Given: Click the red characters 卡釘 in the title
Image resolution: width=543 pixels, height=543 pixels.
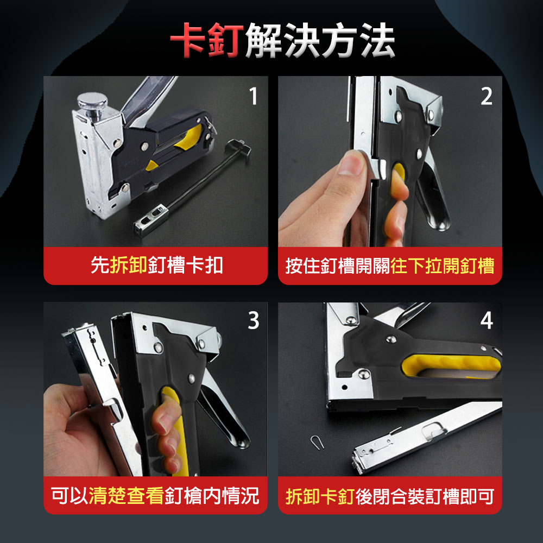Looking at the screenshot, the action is click(207, 40).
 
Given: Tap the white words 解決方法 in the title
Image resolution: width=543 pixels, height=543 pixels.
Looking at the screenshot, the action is click(320, 40).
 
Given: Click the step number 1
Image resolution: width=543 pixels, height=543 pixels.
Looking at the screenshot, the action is click(254, 96).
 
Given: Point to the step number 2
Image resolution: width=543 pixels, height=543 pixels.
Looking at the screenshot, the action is click(487, 96).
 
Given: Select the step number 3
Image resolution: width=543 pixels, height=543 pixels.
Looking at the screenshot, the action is click(254, 320).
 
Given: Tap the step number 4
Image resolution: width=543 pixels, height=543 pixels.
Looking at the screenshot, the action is click(487, 320).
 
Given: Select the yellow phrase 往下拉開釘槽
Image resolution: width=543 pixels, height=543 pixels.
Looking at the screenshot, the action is click(442, 266).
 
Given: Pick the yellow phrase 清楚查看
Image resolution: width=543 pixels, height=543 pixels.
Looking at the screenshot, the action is click(126, 495).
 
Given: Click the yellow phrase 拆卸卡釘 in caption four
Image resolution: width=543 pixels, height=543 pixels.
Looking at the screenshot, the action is click(320, 496).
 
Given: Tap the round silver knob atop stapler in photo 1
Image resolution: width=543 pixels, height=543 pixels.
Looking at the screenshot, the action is click(92, 101).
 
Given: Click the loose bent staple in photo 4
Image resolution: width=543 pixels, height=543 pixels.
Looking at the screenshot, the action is click(317, 442).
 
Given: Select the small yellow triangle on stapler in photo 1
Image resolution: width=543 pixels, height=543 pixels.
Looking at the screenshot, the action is click(151, 165).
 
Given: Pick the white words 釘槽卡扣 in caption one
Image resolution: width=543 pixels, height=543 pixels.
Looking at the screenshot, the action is click(185, 266).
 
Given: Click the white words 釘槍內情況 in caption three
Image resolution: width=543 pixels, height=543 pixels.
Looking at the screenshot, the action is click(212, 495).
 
